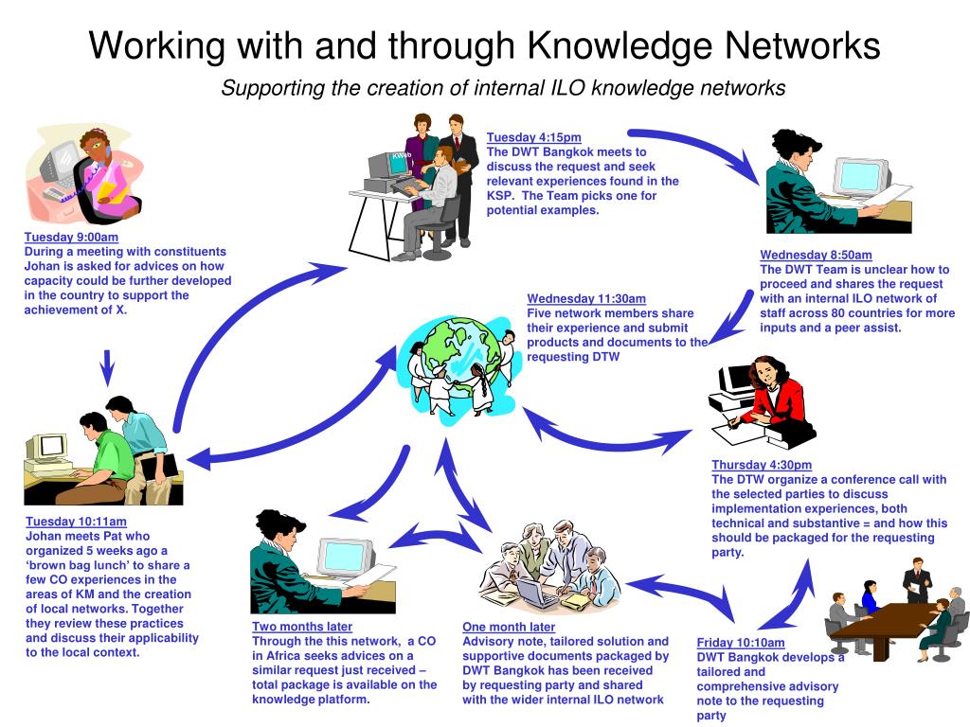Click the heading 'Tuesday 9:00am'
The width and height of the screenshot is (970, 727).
point(71,238)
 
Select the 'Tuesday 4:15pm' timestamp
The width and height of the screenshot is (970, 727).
point(534,138)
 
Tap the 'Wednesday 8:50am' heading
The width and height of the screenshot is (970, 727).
point(816,256)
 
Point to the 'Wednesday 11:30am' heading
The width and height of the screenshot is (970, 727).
point(586,299)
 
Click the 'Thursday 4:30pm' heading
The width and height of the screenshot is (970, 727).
point(762,465)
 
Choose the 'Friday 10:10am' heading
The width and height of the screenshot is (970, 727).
point(741,643)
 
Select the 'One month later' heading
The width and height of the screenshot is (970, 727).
point(509,627)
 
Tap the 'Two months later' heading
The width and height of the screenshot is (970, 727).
point(302,627)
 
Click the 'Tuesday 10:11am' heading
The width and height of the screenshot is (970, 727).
point(76,522)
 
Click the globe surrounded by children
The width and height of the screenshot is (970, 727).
point(462,359)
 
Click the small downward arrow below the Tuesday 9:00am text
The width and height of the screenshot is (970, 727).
point(107,368)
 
